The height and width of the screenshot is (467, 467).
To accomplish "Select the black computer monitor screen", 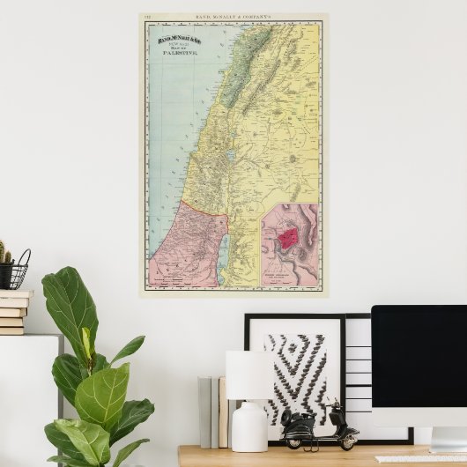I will tap(419, 352).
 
